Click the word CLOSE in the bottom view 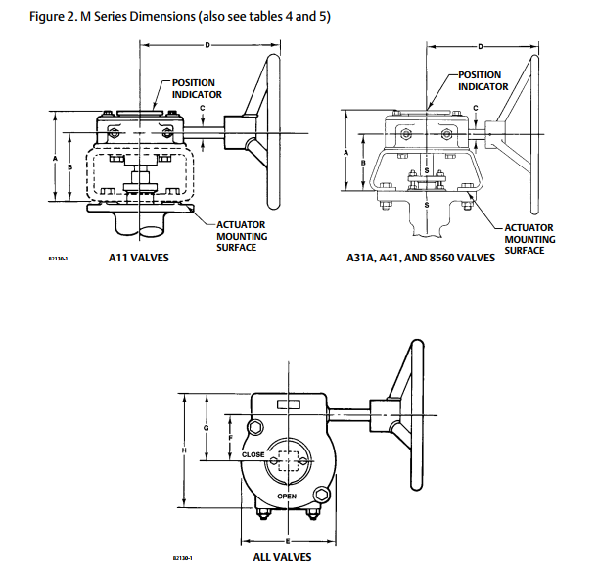[253, 454]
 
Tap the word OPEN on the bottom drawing [286, 497]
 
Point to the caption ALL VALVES [282, 557]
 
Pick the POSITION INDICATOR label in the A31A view [483, 80]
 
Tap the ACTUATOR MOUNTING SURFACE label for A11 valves [241, 236]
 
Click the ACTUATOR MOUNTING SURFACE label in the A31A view [530, 239]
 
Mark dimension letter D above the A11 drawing [207, 45]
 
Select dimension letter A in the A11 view [57, 157]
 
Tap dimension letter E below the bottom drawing [287, 540]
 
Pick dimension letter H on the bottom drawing [184, 450]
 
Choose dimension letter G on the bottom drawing [206, 428]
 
